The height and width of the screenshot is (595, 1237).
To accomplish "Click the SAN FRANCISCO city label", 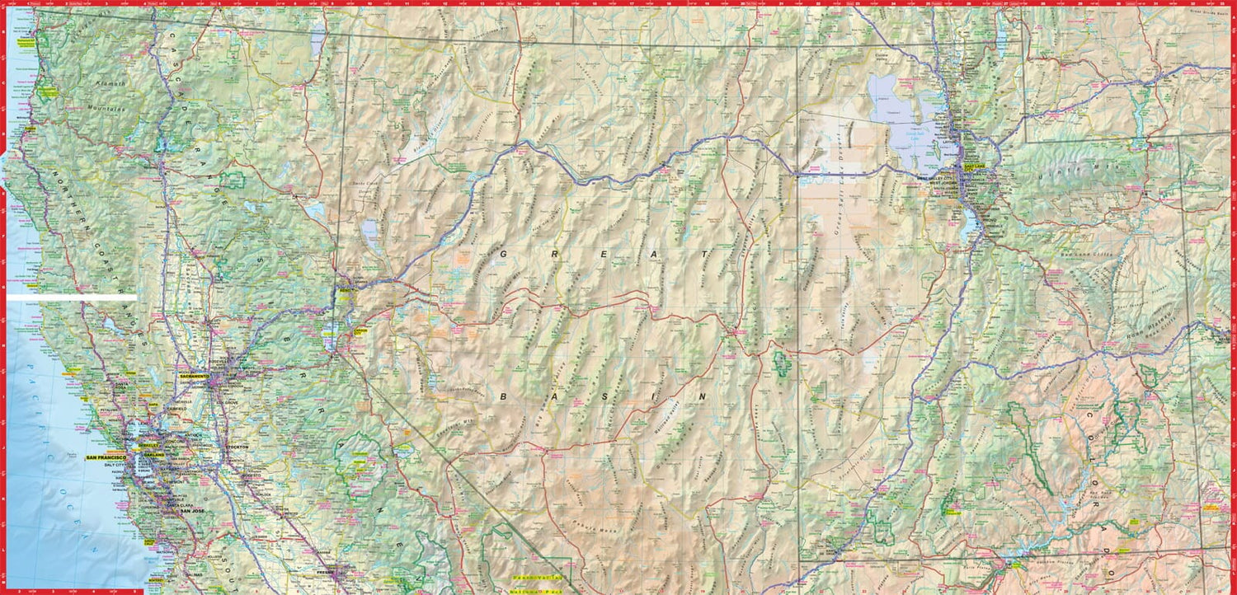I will point(106,457).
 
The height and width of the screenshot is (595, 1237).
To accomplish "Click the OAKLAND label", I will point(153,455).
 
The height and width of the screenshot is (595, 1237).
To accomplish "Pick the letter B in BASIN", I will point(502,396).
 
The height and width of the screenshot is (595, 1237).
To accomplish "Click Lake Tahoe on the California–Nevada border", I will point(330,334).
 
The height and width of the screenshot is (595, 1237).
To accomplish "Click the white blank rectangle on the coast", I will point(72,297).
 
